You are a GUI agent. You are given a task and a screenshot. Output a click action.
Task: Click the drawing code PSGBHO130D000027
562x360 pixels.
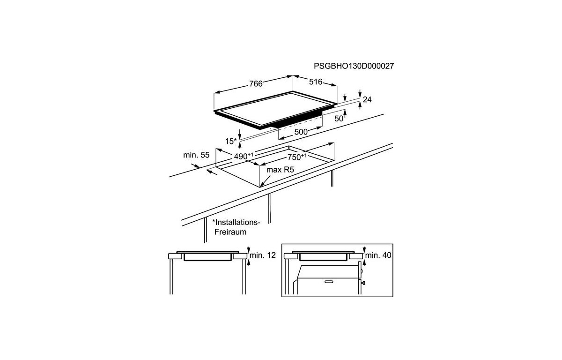(x=354, y=66)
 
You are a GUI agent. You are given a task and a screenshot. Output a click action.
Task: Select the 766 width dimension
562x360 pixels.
(x=256, y=83)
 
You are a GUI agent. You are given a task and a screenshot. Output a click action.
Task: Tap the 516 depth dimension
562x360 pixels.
(x=316, y=82)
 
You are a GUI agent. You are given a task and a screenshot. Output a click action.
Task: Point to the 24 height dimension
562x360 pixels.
(x=367, y=100)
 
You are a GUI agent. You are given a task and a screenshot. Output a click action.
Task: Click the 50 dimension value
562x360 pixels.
(x=339, y=119)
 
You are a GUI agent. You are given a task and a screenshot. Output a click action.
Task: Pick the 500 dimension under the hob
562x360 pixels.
(x=301, y=132)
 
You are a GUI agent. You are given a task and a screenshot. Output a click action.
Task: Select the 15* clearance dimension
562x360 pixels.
(x=231, y=142)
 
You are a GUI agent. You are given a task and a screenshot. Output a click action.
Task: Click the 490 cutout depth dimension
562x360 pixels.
(x=244, y=156)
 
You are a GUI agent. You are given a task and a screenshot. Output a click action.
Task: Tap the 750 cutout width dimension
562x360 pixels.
(x=297, y=157)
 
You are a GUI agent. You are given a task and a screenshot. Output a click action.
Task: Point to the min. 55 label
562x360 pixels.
(x=196, y=155)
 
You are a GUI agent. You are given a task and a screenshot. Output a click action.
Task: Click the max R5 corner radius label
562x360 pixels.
(x=280, y=170)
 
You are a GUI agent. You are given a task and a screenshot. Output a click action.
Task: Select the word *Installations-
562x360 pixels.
(x=237, y=222)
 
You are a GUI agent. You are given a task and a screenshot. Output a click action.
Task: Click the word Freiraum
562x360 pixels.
(x=230, y=232)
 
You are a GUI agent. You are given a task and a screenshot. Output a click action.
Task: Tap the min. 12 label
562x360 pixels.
(x=263, y=255)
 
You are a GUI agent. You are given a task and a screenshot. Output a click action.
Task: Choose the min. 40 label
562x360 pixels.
(x=378, y=255)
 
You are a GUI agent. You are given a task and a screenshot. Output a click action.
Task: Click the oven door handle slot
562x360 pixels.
(x=329, y=282)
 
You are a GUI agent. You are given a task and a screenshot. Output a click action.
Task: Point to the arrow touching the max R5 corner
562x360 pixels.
(x=265, y=181)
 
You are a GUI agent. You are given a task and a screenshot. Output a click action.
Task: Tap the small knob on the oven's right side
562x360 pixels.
(x=363, y=283)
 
